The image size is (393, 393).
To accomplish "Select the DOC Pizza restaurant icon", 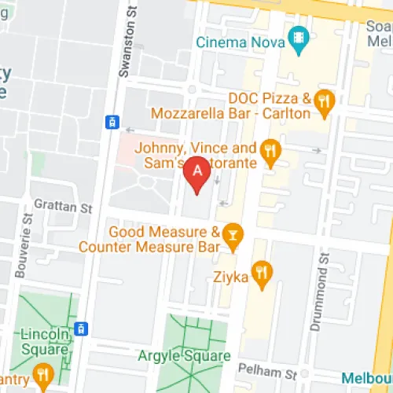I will [x=323, y=100].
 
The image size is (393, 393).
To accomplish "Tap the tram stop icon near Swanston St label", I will [x=112, y=121].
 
